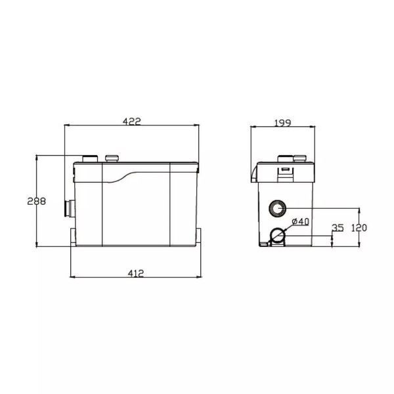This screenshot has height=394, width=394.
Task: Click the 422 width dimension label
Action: pyautogui.click(x=132, y=121)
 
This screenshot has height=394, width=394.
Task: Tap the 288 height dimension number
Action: pyautogui.click(x=37, y=202)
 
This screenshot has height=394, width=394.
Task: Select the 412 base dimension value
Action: pyautogui.click(x=136, y=273)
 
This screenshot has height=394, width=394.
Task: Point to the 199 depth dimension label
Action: pyautogui.click(x=282, y=123)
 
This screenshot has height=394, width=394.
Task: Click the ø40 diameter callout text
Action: pyautogui.click(x=301, y=221)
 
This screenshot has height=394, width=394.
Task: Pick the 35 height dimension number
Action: pyautogui.click(x=338, y=228)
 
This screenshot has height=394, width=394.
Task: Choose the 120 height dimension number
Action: pyautogui.click(x=359, y=228)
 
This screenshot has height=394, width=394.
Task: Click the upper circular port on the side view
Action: pyautogui.click(x=277, y=208)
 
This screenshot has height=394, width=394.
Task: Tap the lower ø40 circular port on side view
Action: pyautogui.click(x=278, y=236)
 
